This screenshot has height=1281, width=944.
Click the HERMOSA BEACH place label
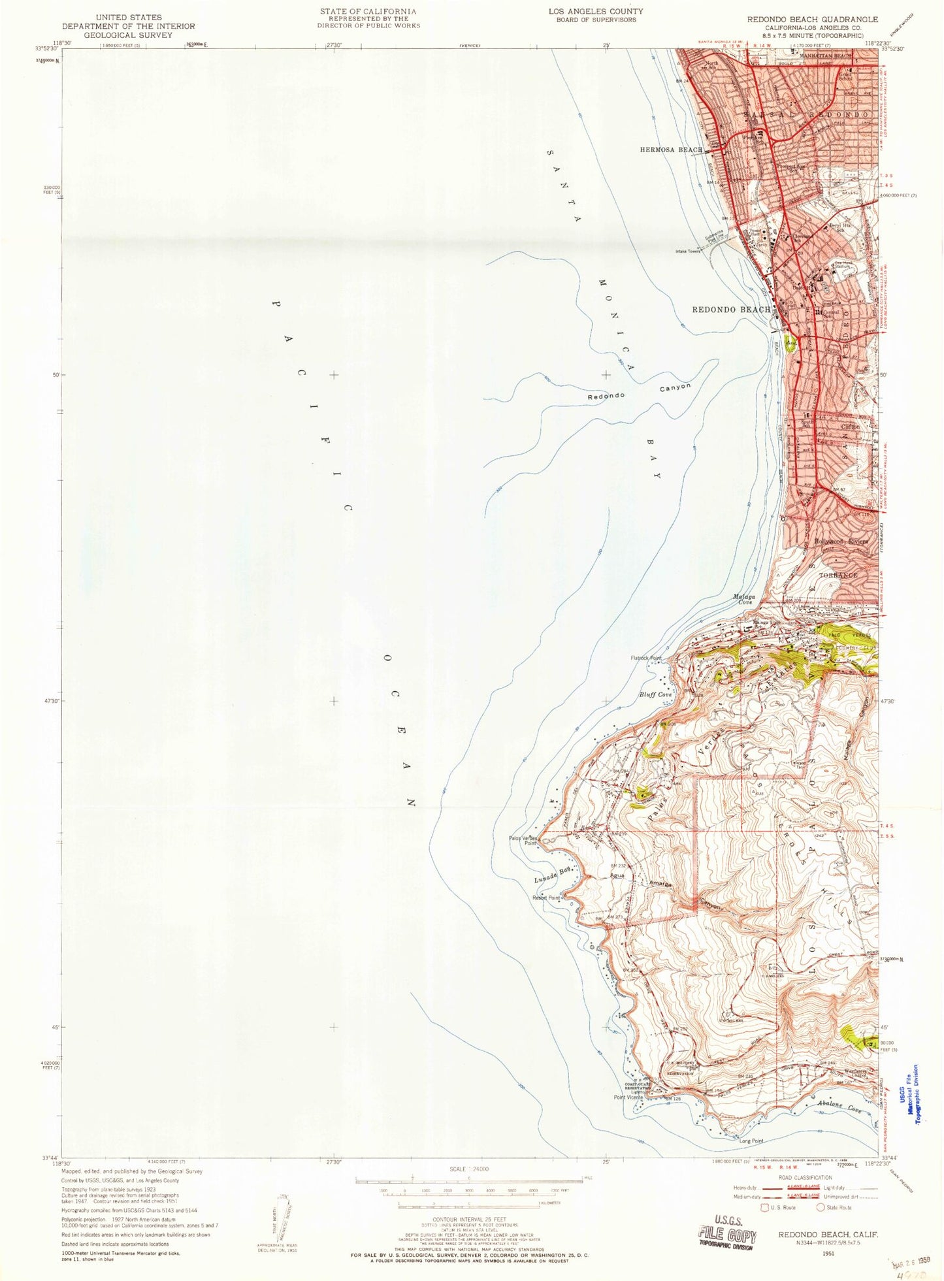coord(671,150)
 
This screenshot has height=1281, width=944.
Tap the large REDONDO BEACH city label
coord(731,310)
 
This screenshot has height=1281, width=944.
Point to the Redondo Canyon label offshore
coord(638,392)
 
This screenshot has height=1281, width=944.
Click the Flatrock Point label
coord(646,658)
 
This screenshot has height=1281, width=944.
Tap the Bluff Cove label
coord(655,694)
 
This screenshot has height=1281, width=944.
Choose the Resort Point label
coord(546,898)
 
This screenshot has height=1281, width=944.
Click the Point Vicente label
coord(628,1097)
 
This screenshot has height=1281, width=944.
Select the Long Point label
coord(751,1141)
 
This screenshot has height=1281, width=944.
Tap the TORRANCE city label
coord(838,576)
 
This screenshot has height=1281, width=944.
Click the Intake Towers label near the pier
coord(697,251)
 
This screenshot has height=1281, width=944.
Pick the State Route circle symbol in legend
coord(821,1207)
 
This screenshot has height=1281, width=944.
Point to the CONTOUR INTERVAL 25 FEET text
coord(470,1220)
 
